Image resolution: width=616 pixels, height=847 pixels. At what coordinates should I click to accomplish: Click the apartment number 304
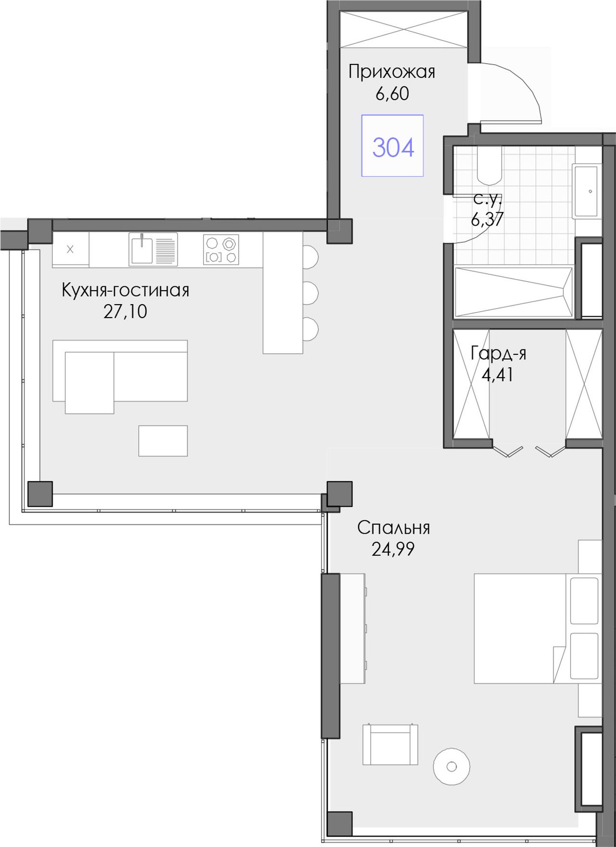(x=393, y=147)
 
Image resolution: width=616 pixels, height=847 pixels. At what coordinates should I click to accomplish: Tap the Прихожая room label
(x=392, y=72)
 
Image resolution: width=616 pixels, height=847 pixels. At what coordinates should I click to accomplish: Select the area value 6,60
(x=392, y=93)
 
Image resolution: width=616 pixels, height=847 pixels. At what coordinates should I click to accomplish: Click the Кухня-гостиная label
(x=126, y=290)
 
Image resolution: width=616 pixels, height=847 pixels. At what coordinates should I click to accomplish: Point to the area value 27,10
(x=125, y=311)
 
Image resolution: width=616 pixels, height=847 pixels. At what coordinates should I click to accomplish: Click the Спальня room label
(x=394, y=528)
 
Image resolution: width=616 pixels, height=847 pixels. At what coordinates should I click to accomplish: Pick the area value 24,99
(x=393, y=549)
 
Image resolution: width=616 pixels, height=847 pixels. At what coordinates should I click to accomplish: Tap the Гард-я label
(x=499, y=354)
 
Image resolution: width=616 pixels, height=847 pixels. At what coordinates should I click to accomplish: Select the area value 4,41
(x=498, y=374)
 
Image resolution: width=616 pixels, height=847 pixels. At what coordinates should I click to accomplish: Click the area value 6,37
(x=487, y=219)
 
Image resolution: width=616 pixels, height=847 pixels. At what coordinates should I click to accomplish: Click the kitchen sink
(x=153, y=249)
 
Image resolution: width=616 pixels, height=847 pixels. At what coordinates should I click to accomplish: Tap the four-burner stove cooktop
(x=221, y=249)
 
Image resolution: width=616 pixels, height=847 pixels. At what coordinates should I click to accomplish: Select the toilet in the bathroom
(x=489, y=166)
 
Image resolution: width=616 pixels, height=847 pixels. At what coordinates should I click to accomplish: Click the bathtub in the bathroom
(x=513, y=293)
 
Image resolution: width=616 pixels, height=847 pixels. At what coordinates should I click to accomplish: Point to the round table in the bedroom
(x=451, y=766)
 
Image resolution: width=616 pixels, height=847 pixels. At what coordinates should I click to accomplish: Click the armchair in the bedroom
(x=390, y=744)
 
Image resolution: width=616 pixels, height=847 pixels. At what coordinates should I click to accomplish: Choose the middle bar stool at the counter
(x=310, y=293)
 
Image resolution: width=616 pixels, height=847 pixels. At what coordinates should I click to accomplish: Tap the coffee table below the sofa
(x=163, y=440)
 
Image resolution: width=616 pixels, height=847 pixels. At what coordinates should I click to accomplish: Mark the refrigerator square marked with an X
(x=70, y=249)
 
